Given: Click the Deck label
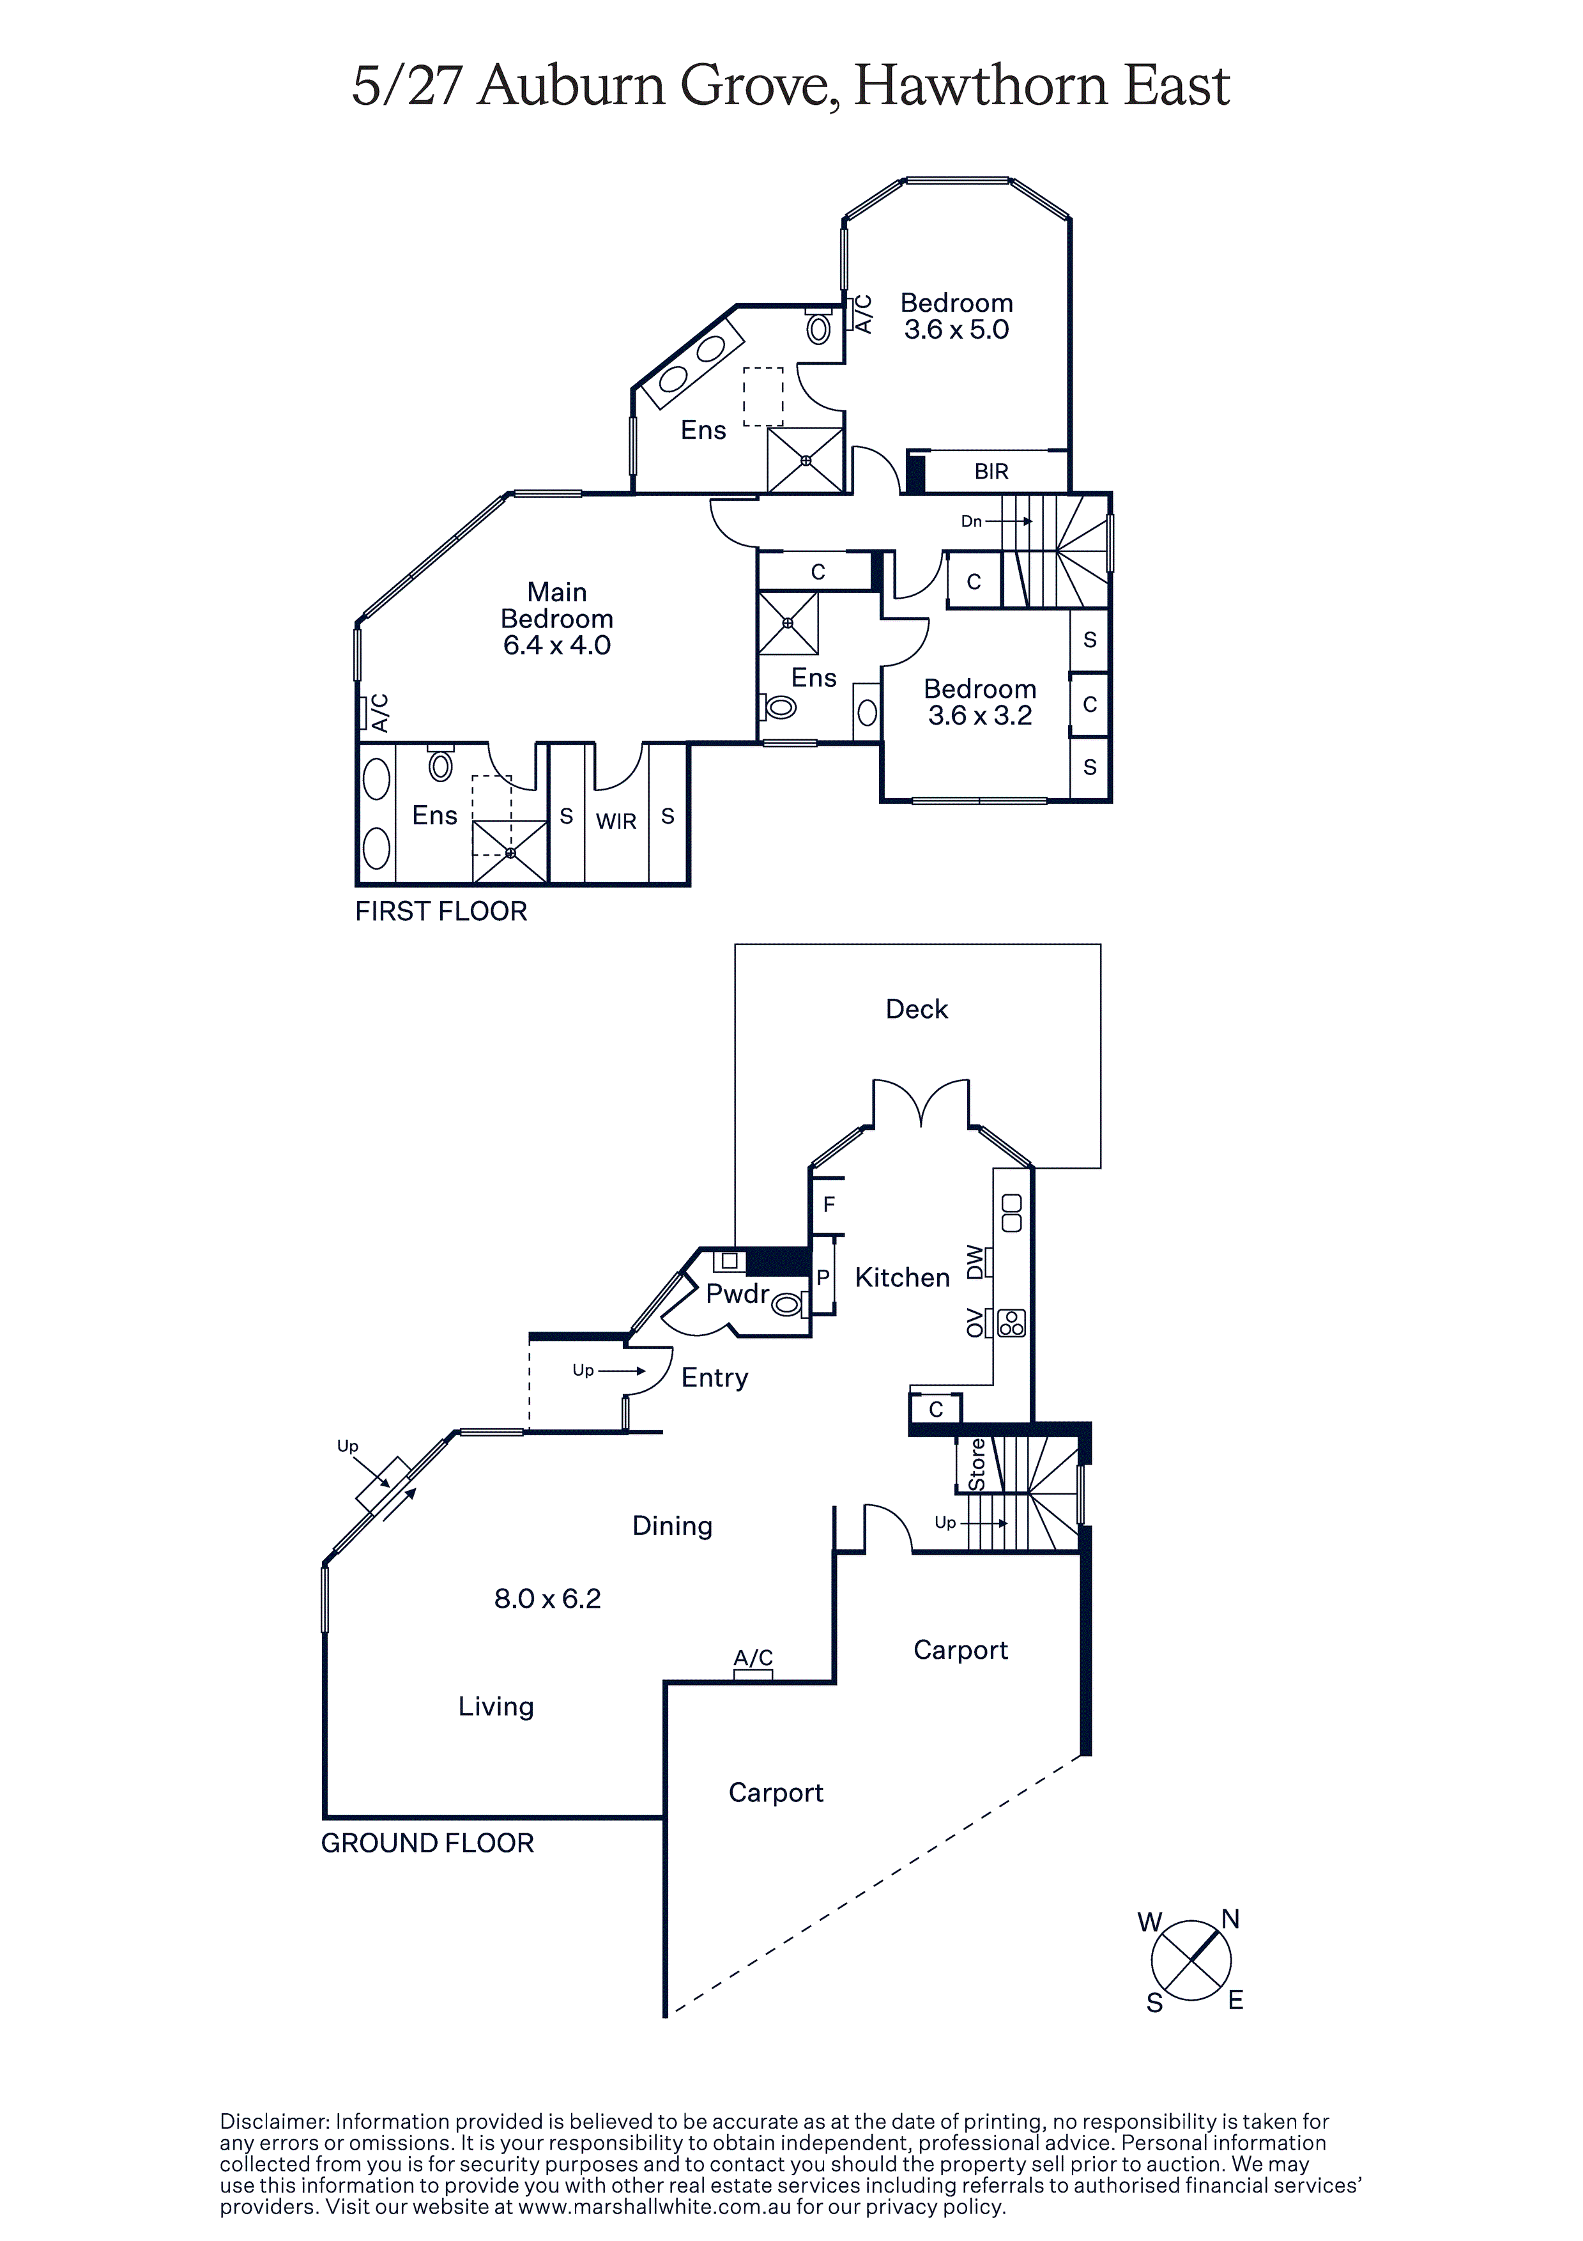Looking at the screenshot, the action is click(917, 1009).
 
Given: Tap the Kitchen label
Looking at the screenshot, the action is click(902, 1277).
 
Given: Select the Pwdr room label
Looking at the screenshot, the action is click(738, 1294).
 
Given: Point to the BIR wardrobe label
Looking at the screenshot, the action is click(991, 472).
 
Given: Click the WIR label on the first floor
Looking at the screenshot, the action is click(616, 821).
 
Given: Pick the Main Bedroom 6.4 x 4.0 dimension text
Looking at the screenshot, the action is click(556, 645).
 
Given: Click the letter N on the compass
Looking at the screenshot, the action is click(1230, 1919).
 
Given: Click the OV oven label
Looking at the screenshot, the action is click(974, 1323).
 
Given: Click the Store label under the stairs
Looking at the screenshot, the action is click(977, 1466).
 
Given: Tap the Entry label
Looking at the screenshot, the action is click(714, 1377).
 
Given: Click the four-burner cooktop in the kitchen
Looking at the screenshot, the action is click(1012, 1323).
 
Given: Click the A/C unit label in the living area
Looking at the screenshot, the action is click(753, 1658).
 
